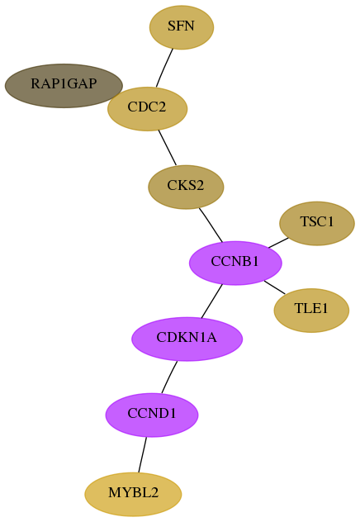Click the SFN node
[x=182, y=27]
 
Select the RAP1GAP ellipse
[x=64, y=86]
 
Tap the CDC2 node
[x=148, y=109]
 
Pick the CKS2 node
[x=186, y=187]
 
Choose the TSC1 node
[x=317, y=223]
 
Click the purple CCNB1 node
[x=235, y=263]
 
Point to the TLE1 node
[x=311, y=311]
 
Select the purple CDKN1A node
[x=187, y=339]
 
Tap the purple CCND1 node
[x=152, y=415]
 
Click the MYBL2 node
[x=133, y=494]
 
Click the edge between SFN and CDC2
[x=164, y=68]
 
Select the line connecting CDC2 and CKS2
[x=167, y=148]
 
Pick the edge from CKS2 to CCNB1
[x=211, y=225]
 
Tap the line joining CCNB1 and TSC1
[x=278, y=243]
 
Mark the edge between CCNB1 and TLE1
[x=274, y=287]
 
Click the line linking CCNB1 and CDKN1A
[x=211, y=301]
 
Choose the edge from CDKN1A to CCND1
[x=169, y=377]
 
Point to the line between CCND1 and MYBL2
[x=142, y=454]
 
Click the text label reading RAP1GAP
[x=64, y=83]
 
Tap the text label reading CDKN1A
[x=187, y=338]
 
